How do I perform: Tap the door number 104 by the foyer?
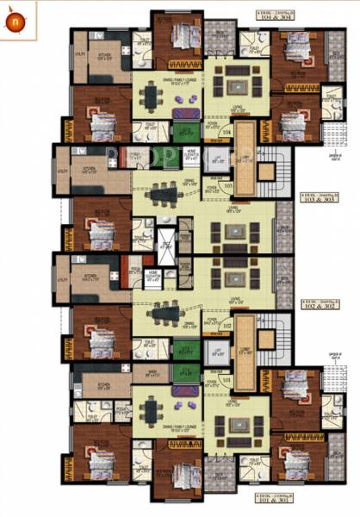tap(227, 133)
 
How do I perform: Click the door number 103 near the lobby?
tap(227, 184)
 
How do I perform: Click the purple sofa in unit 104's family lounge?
tap(183, 113)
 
